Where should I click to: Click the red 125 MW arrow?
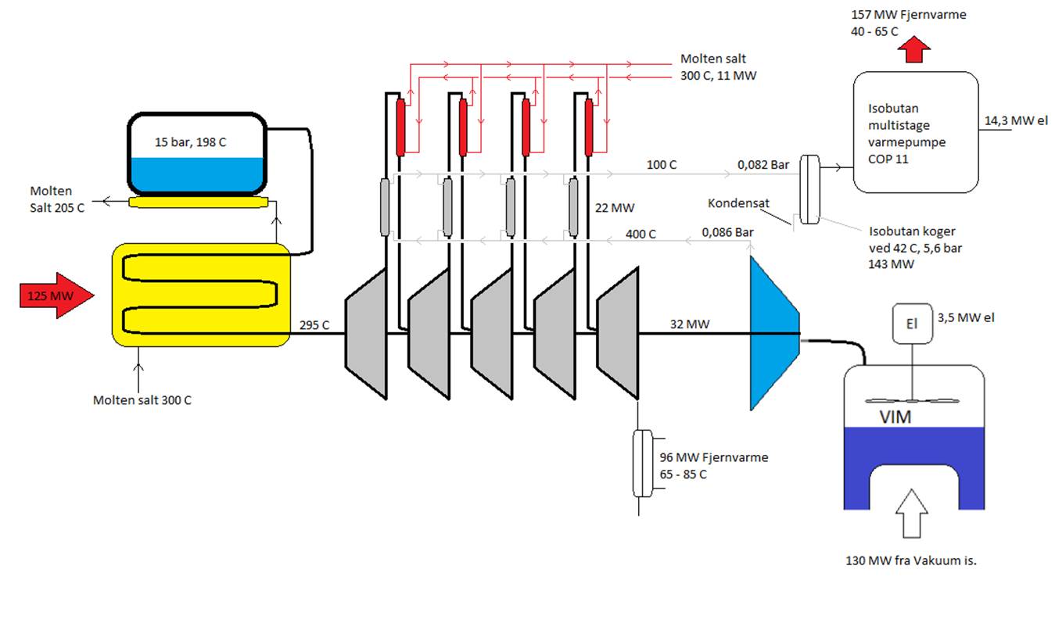tap(56, 295)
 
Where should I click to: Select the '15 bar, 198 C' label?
tap(190, 142)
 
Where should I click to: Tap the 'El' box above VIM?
tap(913, 324)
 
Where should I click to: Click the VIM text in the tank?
tap(895, 417)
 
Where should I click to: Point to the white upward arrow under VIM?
tap(912, 514)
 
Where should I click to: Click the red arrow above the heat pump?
tap(914, 49)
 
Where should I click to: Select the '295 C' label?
tap(314, 325)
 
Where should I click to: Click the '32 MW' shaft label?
tap(690, 324)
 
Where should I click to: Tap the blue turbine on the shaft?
tap(775, 334)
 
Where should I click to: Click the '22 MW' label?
tap(615, 208)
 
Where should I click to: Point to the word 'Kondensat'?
tap(738, 203)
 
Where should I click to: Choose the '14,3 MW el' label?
tap(1016, 120)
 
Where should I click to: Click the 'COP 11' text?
tap(888, 159)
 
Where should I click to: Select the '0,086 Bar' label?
tap(727, 232)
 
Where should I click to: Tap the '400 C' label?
tap(641, 234)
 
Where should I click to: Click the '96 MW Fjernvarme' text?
tap(713, 457)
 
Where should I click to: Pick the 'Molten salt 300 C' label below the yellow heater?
tap(142, 400)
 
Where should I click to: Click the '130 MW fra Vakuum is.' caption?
tap(911, 560)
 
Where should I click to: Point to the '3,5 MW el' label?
tap(966, 318)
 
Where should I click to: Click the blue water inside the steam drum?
tap(197, 174)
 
